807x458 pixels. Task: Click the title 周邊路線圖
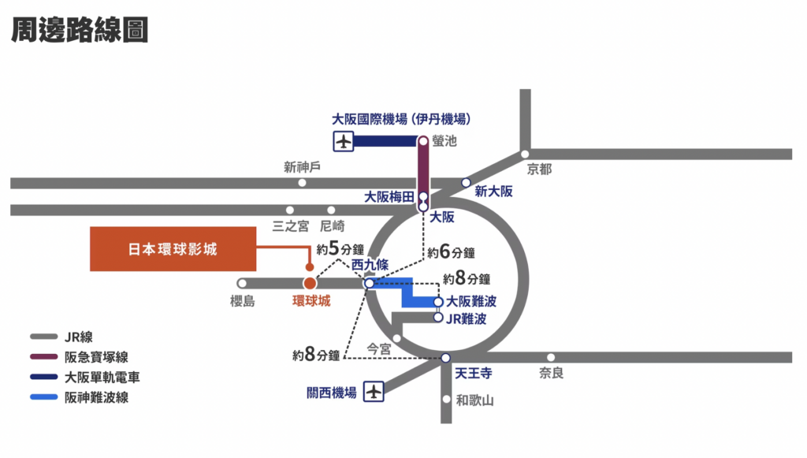[80, 30]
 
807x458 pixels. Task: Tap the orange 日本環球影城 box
[173, 249]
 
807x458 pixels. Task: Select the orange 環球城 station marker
[310, 283]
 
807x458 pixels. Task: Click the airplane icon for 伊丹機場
[344, 141]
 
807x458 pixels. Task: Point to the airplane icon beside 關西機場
[374, 392]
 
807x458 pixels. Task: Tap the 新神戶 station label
[302, 167]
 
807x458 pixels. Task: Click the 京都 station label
[539, 169]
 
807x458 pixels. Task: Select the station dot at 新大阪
[466, 183]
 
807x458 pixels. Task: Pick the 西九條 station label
[370, 265]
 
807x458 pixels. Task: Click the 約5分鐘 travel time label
[340, 249]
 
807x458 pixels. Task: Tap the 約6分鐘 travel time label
[451, 252]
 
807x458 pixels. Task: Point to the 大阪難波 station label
[471, 301]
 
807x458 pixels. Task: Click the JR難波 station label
[467, 319]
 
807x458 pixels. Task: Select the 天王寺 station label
[474, 373]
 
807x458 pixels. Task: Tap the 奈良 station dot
[551, 357]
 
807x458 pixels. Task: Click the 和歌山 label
[474, 400]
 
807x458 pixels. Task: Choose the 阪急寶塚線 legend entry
[80, 356]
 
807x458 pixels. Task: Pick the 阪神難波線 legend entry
[80, 397]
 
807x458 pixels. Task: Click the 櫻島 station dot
[242, 283]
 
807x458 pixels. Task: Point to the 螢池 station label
[444, 140]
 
